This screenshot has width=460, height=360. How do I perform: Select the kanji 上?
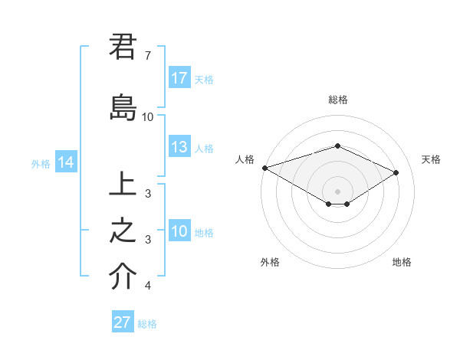coord(123,185)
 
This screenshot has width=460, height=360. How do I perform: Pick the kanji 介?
coord(123,277)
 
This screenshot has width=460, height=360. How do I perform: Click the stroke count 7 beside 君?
coord(147,56)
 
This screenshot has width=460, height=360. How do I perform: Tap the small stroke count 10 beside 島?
coord(147,117)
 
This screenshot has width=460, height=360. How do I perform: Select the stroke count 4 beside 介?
coord(147,286)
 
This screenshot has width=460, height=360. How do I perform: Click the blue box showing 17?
coord(179,78)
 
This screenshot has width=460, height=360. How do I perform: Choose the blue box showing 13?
coord(179,147)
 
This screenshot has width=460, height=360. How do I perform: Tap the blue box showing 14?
coord(65,162)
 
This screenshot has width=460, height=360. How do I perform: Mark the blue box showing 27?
coord(123,322)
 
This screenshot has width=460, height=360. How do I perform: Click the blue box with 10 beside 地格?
coord(179,231)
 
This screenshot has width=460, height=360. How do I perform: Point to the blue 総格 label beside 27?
coord(147,324)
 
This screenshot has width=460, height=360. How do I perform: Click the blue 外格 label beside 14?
coord(41,163)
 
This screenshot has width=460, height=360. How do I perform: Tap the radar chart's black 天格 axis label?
coord(431,159)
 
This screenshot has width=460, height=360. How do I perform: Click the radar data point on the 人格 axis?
coord(264,168)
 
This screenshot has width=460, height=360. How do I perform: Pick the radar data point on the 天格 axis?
coord(396,173)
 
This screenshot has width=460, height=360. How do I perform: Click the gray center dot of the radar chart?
coord(337,189)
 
